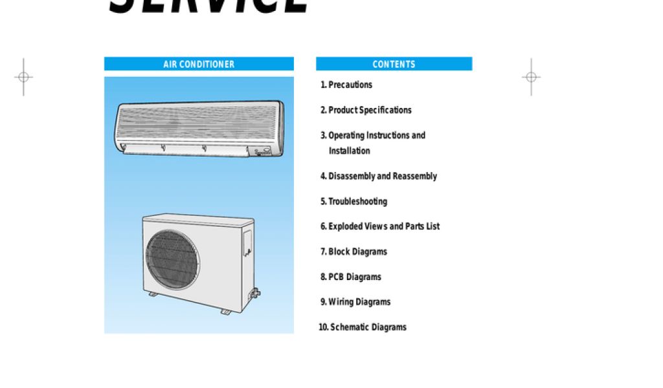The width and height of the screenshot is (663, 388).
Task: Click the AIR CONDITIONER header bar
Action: click(199, 64)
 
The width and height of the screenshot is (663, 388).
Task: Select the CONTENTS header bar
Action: click(394, 64)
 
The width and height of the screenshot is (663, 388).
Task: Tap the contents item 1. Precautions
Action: click(346, 85)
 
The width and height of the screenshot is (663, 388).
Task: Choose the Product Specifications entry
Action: click(366, 110)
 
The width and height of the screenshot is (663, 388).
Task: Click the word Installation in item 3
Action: click(349, 151)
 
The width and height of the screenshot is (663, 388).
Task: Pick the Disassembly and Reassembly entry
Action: click(379, 176)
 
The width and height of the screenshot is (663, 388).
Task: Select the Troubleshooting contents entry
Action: click(354, 201)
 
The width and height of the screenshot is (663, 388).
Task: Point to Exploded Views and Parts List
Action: click(380, 226)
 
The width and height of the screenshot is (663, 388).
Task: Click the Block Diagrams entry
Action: click(354, 252)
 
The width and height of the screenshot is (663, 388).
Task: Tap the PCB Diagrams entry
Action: click(351, 277)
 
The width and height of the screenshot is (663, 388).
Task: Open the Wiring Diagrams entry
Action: click(355, 302)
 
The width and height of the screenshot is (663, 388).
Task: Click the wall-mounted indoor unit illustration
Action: click(199, 128)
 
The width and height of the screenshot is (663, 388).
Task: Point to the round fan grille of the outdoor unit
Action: click(172, 260)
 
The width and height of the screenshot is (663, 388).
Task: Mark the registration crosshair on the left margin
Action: click(23, 77)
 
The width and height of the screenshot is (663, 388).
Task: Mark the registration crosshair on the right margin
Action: click(531, 77)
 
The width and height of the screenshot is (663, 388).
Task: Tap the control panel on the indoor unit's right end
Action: click(263, 152)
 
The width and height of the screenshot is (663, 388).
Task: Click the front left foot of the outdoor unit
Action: click(153, 294)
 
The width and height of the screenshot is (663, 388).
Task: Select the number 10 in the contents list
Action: click(323, 327)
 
